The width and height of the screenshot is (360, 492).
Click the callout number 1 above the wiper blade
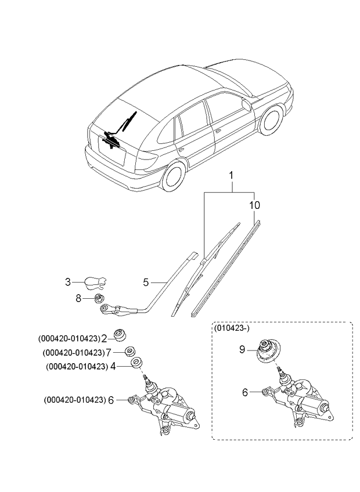coord(231,176)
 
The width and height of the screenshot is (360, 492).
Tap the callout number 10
coord(254,205)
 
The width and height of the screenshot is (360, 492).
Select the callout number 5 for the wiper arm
coord(146,283)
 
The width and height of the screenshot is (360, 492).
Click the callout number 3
coord(68,282)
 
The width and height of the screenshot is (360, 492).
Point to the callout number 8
coord(78,298)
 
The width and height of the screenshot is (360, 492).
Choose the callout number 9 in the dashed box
coord(242,349)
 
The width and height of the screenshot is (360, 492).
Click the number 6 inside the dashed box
coord(244,392)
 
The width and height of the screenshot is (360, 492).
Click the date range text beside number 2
coord(69,339)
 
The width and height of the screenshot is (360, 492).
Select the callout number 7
coord(109,353)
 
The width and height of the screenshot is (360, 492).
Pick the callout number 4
coord(113,366)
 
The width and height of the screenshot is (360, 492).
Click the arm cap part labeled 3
coord(95,283)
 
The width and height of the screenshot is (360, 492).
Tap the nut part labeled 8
coord(99,298)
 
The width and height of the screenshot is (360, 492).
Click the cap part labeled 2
coord(120,335)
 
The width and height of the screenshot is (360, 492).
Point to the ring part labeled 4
coord(136,363)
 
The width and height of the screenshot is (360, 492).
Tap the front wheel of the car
coord(271,120)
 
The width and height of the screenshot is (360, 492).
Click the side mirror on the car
coord(247,105)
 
